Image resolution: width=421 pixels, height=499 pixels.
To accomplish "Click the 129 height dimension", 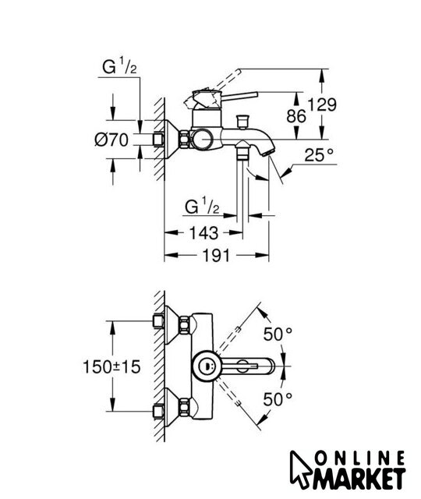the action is [x=322, y=104].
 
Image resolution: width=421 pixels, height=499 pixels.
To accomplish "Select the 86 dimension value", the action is [x=296, y=116].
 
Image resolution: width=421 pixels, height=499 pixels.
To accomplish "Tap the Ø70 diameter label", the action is [x=111, y=140].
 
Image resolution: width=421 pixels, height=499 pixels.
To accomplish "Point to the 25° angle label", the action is [x=319, y=155].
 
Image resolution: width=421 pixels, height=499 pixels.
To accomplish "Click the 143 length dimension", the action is [x=203, y=232].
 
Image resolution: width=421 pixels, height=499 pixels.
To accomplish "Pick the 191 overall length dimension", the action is [x=216, y=255].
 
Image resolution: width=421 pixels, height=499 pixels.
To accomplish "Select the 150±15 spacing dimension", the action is [x=111, y=366].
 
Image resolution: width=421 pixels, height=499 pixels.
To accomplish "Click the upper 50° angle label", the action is [x=278, y=334].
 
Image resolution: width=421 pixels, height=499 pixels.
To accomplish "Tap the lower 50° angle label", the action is [x=278, y=399].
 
